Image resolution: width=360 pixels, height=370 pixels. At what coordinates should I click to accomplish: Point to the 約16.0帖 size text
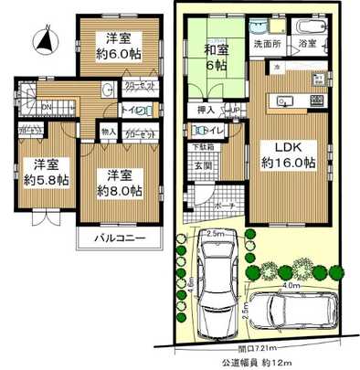(285, 162)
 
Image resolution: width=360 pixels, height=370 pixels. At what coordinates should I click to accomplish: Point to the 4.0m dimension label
(291, 285)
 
